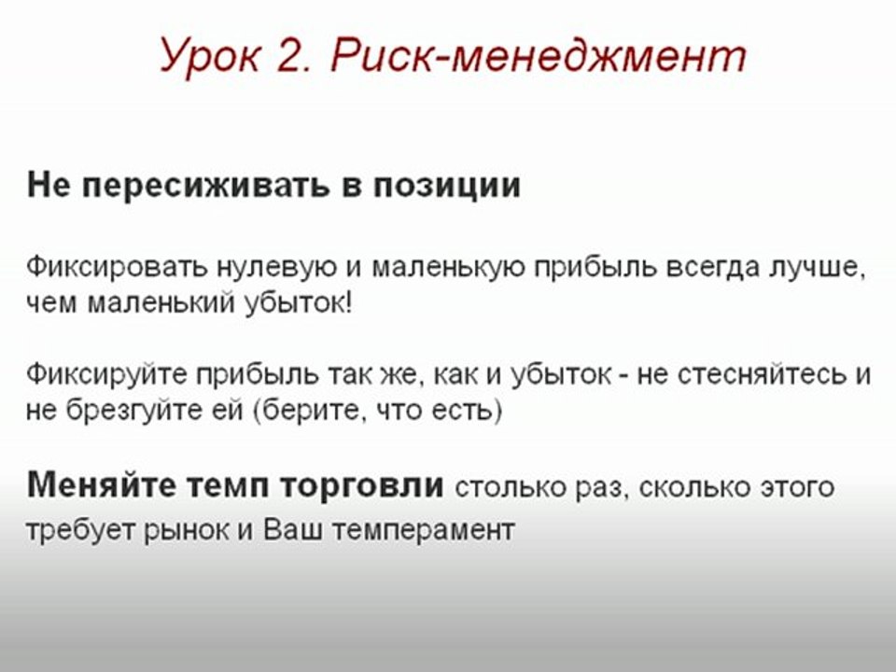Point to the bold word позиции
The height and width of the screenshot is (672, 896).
[447, 185]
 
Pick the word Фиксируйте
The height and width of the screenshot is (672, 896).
[105, 375]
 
